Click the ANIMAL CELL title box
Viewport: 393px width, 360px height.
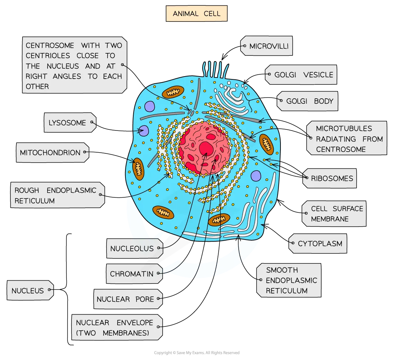(196, 14)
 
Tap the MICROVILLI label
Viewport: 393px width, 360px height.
(269, 46)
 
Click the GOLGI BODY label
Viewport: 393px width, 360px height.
(309, 101)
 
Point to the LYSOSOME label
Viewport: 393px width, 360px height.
(68, 123)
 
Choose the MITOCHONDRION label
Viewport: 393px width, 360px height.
(50, 153)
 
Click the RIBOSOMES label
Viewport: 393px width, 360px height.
(332, 178)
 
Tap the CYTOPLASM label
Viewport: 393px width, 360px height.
(320, 244)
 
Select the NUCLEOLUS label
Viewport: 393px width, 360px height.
(132, 248)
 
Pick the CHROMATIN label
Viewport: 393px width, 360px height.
(132, 274)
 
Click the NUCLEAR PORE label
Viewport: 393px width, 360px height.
(125, 299)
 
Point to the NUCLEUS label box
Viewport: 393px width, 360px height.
(28, 291)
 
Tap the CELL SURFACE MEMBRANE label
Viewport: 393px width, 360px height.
(337, 213)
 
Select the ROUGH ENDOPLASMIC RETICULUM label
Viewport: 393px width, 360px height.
(55, 195)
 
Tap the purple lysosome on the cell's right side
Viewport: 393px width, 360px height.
(256, 176)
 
